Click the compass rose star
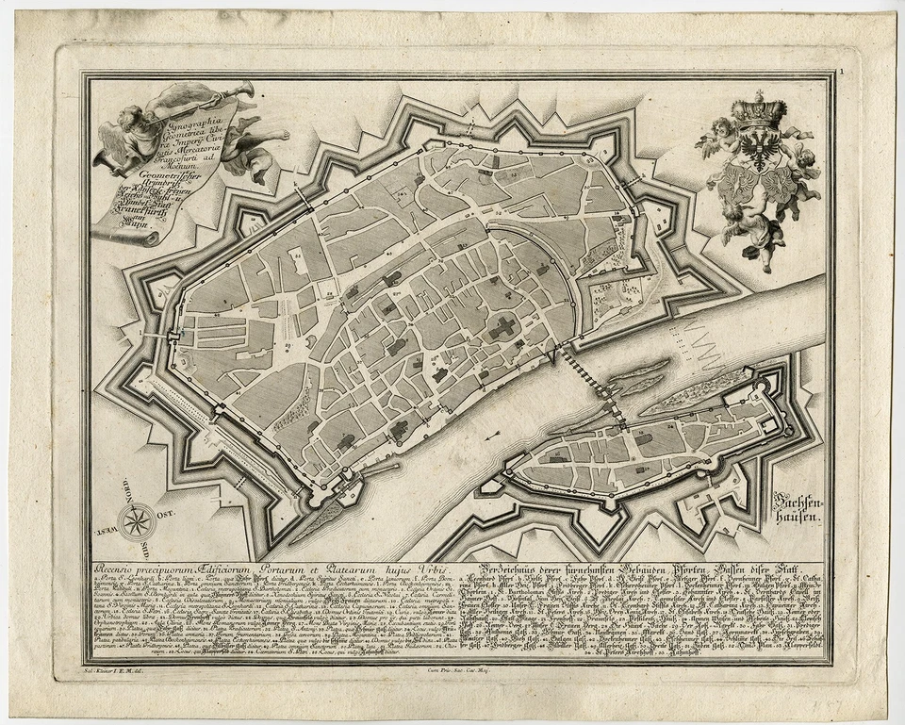tap(138, 518)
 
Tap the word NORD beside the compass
tap(121, 493)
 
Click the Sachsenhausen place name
tap(797, 508)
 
